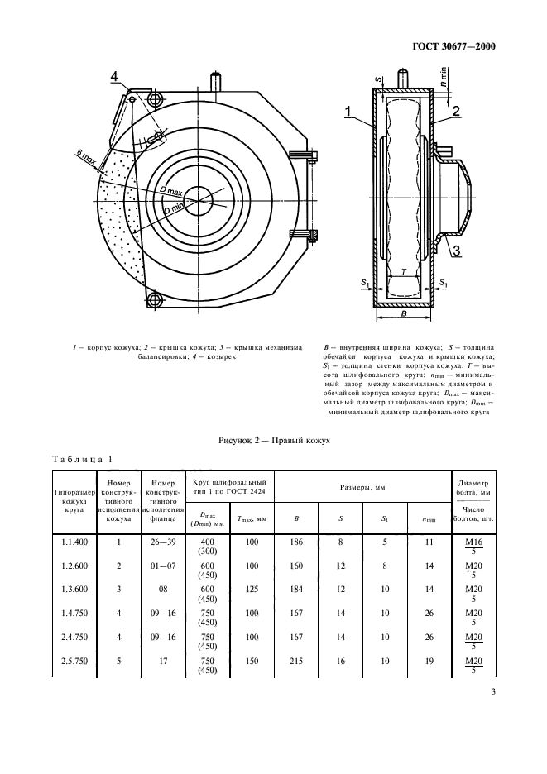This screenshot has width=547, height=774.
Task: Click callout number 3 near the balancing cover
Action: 456,251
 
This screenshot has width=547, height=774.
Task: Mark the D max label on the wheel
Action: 173,192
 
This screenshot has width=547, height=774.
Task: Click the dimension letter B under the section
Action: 403,314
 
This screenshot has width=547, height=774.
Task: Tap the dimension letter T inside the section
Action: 403,270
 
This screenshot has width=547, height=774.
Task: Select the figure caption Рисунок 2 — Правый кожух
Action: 273,440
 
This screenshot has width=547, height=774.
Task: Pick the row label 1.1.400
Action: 74,542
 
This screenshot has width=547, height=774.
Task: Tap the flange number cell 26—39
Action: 166,542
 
